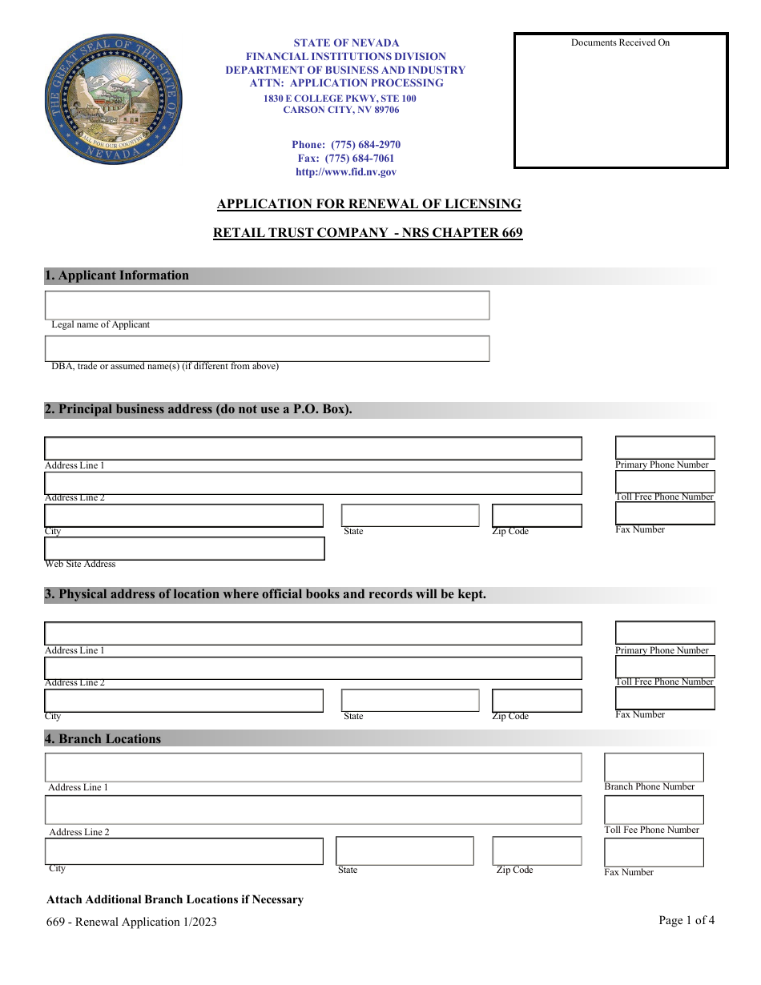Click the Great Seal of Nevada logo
[x=112, y=101]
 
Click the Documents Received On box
[x=621, y=101]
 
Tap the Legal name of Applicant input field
[x=267, y=305]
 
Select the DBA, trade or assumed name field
[x=267, y=348]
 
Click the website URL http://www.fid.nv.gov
[x=345, y=172]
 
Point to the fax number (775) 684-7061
[x=345, y=159]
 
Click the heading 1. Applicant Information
[x=117, y=275]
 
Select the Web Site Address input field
[x=184, y=549]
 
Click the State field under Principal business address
[x=410, y=516]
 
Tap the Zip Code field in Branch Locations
[x=537, y=850]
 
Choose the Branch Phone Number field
[x=654, y=767]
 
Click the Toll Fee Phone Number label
[x=651, y=830]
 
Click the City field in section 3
[x=184, y=701]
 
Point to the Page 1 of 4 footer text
[x=687, y=920]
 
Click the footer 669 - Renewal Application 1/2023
[x=131, y=922]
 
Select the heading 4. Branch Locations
[x=103, y=739]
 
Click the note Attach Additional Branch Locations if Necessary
[x=175, y=899]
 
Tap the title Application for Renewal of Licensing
[x=368, y=204]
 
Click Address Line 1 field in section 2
[x=312, y=448]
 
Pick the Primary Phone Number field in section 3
[x=664, y=633]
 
